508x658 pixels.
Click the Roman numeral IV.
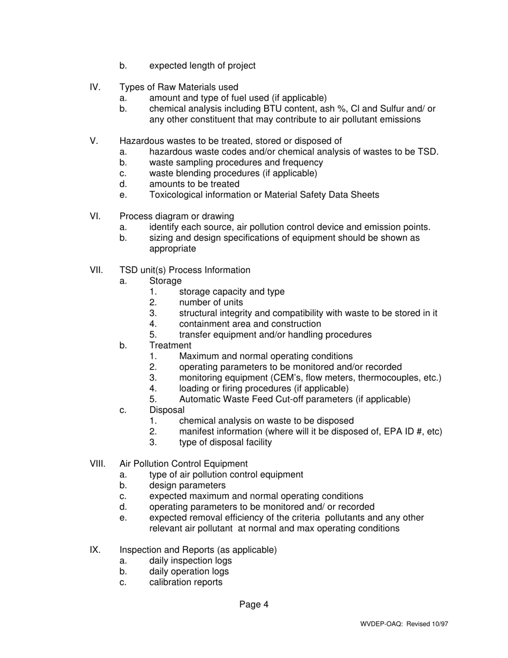coord(95,87)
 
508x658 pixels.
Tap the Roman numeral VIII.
coord(97,464)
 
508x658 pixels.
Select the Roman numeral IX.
coord(95,550)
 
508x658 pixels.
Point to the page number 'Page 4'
coord(254,605)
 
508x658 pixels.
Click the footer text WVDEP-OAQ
coord(382,624)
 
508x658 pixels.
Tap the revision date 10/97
coord(441,624)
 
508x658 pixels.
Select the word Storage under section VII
coord(165,281)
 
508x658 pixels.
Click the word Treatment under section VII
coord(170,346)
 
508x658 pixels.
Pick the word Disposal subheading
coord(167,410)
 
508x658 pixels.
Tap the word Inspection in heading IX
coord(141,550)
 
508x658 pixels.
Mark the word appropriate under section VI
coord(172,249)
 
